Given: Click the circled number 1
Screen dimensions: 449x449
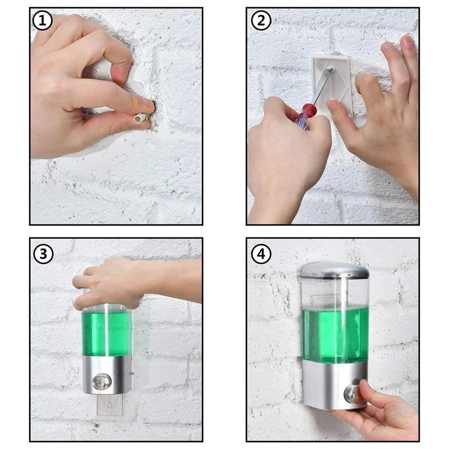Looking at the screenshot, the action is tap(42, 21).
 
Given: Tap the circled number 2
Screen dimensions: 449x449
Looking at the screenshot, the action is tap(261, 21).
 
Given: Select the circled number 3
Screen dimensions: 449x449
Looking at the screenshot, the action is tap(43, 254).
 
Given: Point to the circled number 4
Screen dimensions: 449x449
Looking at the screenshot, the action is tap(261, 254).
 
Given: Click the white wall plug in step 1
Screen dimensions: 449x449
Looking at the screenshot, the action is tap(140, 118).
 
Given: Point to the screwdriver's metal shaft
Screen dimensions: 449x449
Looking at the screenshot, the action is tap(322, 86).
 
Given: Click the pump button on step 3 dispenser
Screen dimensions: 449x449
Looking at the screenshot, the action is tap(102, 382).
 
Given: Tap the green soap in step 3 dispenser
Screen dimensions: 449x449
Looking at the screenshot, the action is tap(107, 334).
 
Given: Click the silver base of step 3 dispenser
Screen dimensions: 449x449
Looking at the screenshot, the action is tap(107, 374).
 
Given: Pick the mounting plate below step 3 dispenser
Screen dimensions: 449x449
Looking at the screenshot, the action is tap(110, 405).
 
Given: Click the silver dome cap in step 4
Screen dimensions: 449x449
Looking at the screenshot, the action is tap(335, 269).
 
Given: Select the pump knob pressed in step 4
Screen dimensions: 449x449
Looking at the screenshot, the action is tap(352, 393).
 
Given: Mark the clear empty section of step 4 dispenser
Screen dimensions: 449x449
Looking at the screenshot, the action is tap(335, 292).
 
